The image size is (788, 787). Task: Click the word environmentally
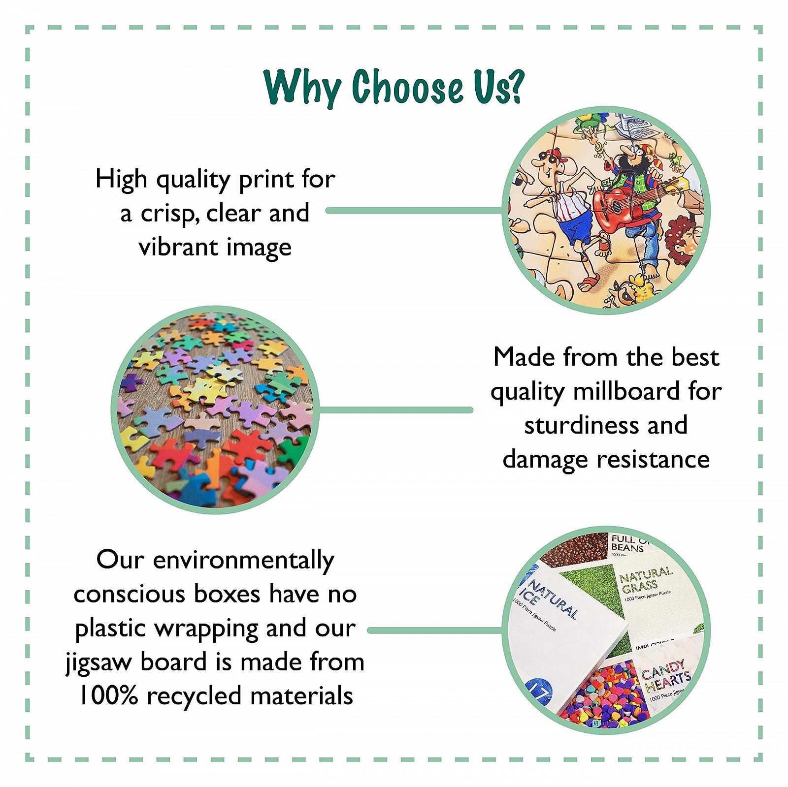coord(244,561)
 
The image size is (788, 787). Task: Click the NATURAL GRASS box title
coord(645,580)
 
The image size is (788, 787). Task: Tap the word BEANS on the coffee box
coord(627,547)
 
